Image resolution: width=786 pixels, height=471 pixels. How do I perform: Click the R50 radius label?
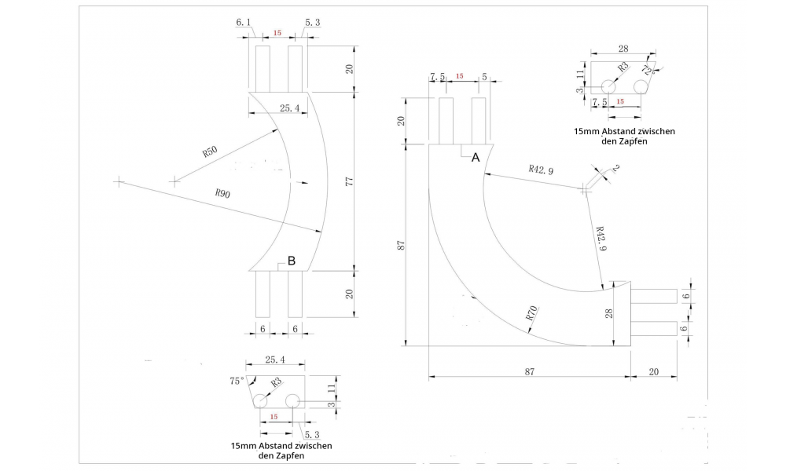coord(210,151)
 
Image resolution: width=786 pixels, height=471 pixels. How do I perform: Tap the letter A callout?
coord(475,158)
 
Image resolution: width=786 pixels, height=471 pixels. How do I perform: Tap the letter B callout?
coord(291,261)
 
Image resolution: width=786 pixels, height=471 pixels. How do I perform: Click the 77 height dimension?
coord(350,181)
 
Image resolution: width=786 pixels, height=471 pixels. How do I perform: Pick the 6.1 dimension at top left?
coord(244,23)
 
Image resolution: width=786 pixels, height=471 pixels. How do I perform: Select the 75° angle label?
coord(237,381)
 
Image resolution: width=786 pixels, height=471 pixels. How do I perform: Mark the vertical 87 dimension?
coord(401,245)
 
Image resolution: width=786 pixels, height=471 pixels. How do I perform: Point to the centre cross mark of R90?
coord(118,181)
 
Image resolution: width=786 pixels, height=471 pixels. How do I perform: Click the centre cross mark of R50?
coord(174,181)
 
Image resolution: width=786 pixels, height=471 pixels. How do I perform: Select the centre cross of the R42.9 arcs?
coord(585,188)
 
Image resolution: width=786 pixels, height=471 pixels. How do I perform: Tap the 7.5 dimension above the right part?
coord(438,77)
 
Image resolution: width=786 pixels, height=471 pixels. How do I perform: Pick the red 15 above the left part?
coord(277,33)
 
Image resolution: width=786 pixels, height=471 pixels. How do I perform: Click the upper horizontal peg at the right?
coord(654,296)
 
